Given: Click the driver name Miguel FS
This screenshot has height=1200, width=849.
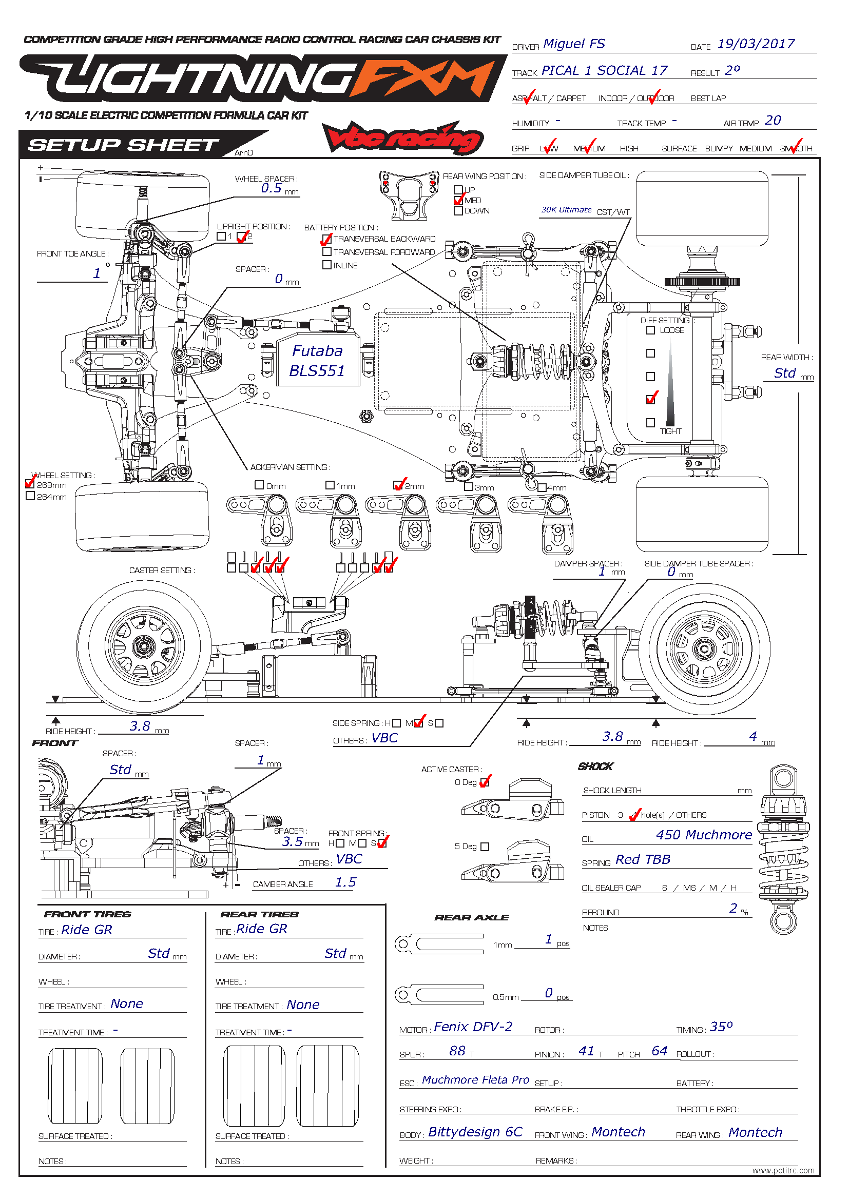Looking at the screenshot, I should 573,44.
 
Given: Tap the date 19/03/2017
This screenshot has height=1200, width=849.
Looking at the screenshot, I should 756,44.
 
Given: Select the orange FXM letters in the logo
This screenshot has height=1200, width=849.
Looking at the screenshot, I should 424,79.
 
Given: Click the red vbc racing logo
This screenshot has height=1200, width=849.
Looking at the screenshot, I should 402,139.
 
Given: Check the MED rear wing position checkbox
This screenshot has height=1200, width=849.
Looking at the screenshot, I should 458,201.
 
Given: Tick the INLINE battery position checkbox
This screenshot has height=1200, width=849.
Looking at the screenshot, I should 327,265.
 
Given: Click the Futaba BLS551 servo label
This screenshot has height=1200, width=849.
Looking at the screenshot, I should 317,361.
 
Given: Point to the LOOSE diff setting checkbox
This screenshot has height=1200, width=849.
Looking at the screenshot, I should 650,330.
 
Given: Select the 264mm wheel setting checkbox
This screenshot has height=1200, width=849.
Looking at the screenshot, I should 30,496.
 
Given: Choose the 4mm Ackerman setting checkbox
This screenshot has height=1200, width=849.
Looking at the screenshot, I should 542,487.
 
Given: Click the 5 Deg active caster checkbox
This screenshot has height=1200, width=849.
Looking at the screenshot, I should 485,846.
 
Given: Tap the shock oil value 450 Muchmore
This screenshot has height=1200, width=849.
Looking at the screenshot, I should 704,835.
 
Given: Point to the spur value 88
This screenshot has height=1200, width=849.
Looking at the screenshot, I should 457,1051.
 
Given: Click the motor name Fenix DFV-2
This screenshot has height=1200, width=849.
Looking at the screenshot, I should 473,1027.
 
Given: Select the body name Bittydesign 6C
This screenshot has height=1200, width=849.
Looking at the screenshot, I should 475,1132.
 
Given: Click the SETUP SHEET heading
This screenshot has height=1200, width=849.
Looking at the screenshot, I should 123,145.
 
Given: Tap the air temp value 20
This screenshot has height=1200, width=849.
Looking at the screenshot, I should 773,121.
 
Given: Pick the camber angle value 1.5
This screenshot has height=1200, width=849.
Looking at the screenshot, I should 345,883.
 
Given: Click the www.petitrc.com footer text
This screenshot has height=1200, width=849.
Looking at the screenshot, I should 783,1171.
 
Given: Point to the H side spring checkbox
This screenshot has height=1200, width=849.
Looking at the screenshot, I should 396,723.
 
